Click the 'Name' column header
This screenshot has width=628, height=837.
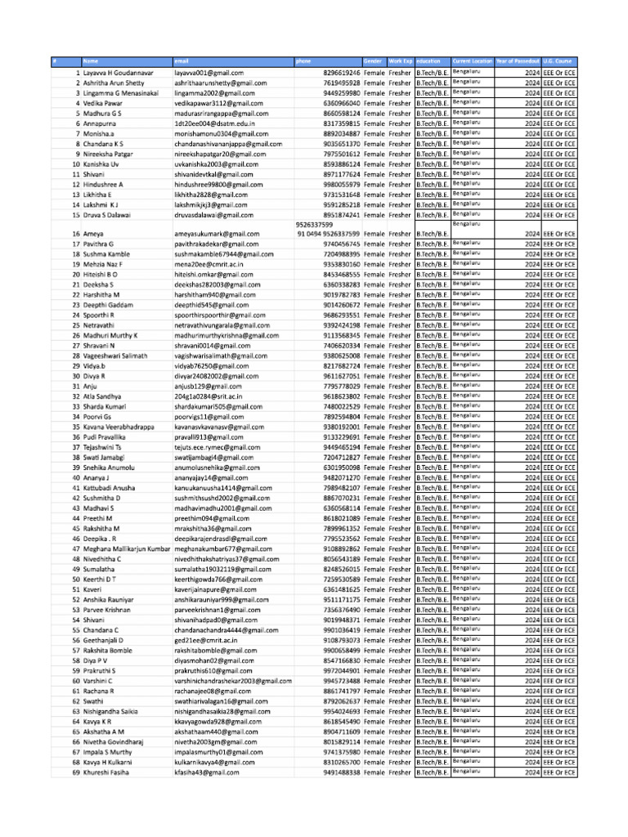[90, 62]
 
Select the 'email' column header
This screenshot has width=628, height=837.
[182, 62]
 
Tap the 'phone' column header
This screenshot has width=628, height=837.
[303, 62]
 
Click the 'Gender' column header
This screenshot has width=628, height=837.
[374, 62]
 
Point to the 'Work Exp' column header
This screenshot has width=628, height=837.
[400, 62]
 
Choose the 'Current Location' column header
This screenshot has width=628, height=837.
[472, 62]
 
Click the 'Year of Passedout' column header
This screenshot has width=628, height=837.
[518, 62]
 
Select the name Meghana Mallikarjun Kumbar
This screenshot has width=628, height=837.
[127, 549]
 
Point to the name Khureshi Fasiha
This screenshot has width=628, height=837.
[106, 772]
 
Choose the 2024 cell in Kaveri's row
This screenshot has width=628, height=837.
[532, 589]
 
